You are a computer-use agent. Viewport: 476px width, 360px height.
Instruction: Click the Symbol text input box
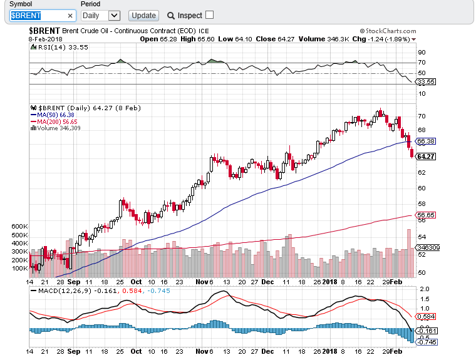(x=43, y=15)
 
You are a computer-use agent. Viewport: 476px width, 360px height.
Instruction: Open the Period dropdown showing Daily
(x=100, y=15)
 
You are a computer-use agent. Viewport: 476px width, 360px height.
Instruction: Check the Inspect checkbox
(x=209, y=14)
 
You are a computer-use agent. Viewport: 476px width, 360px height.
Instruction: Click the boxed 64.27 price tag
(x=426, y=156)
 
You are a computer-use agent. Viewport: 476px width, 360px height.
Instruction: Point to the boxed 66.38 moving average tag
(x=426, y=141)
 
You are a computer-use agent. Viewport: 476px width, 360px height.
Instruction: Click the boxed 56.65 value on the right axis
(x=426, y=215)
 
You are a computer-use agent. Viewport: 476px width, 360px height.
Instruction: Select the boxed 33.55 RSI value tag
(x=426, y=81)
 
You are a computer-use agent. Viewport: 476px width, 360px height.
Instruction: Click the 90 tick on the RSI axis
(x=422, y=53)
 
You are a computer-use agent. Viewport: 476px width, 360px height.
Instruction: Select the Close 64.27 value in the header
(x=274, y=39)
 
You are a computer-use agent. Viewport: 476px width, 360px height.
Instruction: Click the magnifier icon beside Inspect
(x=170, y=15)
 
